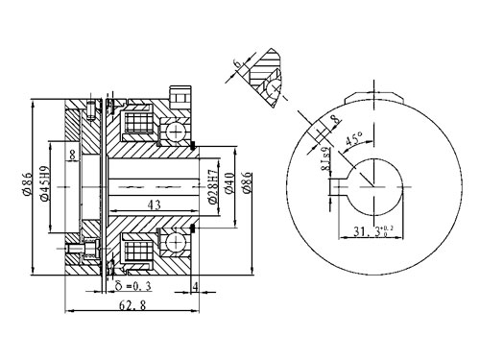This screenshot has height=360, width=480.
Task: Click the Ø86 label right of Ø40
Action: tap(247, 182)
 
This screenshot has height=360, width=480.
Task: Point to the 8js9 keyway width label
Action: tap(324, 156)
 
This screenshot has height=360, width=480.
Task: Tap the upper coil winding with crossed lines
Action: tap(136, 126)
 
